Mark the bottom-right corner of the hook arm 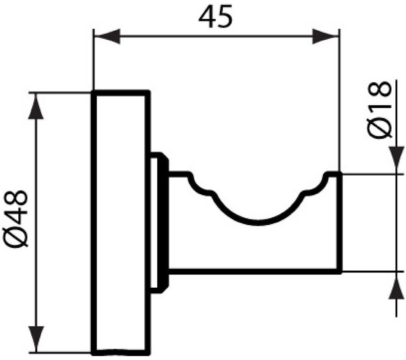339,271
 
